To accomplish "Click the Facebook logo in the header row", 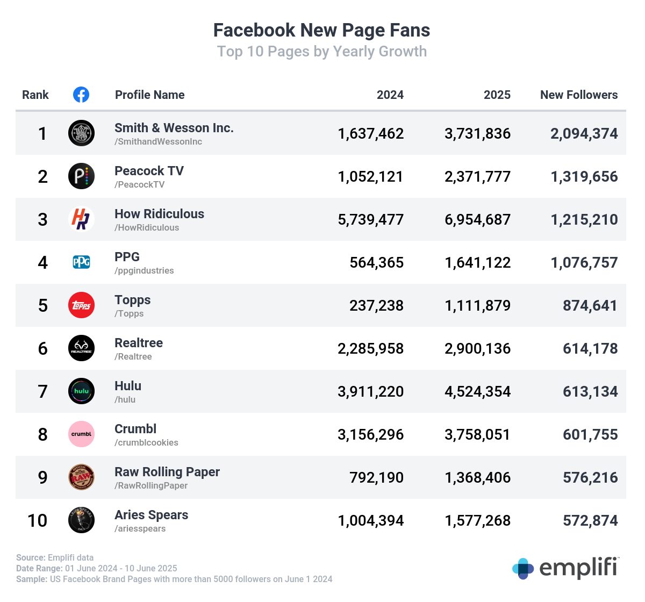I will tap(81, 95).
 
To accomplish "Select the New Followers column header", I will tap(578, 95).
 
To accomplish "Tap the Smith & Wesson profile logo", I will tap(82, 133).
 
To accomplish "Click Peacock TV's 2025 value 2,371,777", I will tap(477, 177).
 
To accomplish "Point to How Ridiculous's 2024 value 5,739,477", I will tap(370, 220).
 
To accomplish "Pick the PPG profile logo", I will tap(82, 262).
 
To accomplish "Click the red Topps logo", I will tap(82, 305).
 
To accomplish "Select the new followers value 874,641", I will tap(590, 306).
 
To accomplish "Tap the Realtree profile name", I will tap(139, 343).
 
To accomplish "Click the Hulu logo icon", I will tap(82, 391).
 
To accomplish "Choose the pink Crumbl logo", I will tap(82, 434).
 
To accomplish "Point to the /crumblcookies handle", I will tap(146, 443).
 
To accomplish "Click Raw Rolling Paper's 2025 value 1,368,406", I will tap(477, 478).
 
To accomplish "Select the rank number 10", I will tap(38, 521).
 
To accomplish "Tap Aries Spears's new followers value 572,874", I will tap(590, 521).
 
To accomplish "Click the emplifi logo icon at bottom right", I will tap(523, 569).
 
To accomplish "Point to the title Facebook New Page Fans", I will tap(321, 30).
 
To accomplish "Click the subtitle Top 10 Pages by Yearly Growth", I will tap(321, 52).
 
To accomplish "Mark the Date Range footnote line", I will tap(97, 569).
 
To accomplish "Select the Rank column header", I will tap(35, 95).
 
